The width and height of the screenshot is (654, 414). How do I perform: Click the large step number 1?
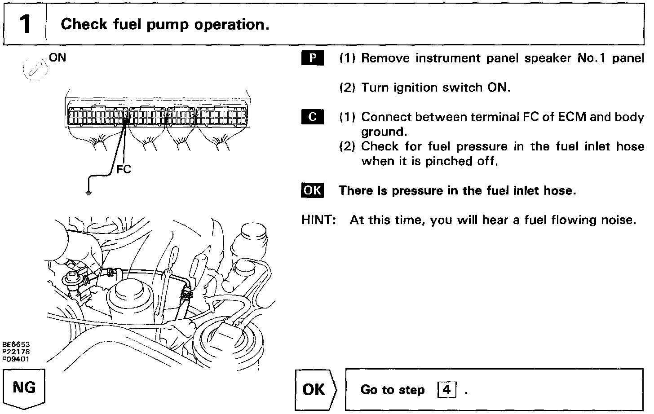(x=25, y=24)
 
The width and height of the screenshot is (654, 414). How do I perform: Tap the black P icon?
(x=312, y=58)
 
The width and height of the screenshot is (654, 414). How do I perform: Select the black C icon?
(x=312, y=117)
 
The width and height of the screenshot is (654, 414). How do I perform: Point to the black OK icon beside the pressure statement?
(x=312, y=190)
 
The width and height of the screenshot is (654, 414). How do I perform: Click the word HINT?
(x=319, y=220)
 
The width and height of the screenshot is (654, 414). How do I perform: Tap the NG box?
(x=25, y=387)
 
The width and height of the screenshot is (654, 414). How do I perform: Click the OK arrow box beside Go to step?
(x=314, y=389)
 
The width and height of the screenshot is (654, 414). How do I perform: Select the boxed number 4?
(x=446, y=389)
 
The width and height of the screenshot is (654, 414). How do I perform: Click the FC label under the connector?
(x=124, y=170)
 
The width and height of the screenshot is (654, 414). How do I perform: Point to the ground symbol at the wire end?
(x=89, y=193)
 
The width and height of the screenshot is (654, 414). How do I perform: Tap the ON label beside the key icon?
(x=57, y=58)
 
